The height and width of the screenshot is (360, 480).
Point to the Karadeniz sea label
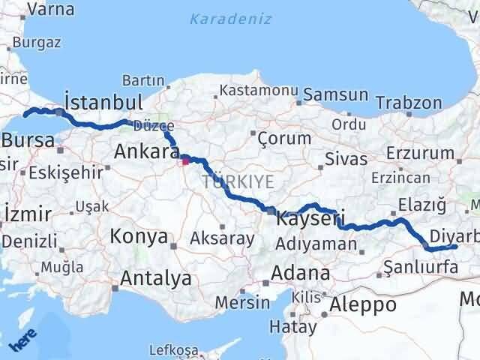pyautogui.click(x=230, y=19)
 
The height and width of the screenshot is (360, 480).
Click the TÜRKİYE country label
pyautogui.click(x=236, y=181)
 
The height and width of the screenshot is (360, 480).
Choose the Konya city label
pyautogui.click(x=139, y=237)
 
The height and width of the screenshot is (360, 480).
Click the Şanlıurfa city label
pyautogui.click(x=420, y=266)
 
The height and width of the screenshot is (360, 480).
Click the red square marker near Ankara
pyautogui.click(x=185, y=160)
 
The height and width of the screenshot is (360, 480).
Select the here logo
pyautogui.click(x=24, y=340)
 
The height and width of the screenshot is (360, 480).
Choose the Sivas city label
pyautogui.click(x=346, y=159)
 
